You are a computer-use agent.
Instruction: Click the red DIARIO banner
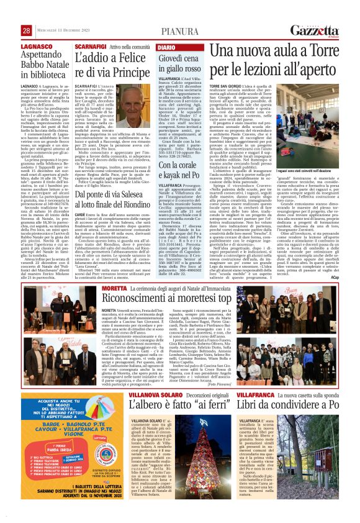click(168, 47)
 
